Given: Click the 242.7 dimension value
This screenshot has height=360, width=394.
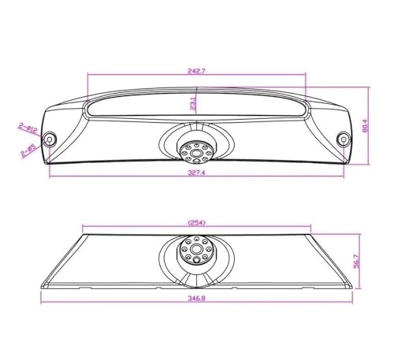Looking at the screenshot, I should [x=197, y=71].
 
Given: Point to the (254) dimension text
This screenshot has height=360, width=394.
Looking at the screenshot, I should [x=197, y=223].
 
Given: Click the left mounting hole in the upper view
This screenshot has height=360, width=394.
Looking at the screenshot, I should [x=50, y=138].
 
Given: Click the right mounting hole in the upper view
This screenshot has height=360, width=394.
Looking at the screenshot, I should [x=344, y=138].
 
